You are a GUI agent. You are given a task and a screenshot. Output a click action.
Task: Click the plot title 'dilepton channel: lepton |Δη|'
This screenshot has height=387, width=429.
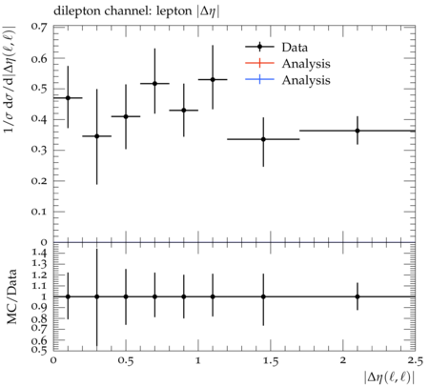136,11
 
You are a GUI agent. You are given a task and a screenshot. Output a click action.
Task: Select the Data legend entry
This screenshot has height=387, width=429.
276,47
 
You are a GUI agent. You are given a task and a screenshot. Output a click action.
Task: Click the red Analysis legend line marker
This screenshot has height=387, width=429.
259,63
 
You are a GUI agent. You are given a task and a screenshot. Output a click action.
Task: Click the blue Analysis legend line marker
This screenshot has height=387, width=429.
259,79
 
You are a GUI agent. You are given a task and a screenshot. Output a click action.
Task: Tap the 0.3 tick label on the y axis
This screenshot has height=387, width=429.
38,150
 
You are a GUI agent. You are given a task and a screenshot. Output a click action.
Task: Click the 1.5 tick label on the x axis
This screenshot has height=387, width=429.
270,361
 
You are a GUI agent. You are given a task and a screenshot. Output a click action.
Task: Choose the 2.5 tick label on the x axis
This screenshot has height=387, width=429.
415,361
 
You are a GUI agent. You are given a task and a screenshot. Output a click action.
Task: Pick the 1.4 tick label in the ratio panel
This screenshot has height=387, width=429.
39,253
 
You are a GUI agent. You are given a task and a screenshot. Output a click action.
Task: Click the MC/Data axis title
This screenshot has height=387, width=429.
11,296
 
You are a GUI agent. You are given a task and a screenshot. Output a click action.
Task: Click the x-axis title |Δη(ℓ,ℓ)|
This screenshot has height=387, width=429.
390,377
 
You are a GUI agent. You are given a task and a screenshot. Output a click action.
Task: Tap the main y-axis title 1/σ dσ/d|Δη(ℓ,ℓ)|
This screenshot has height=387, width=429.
10,79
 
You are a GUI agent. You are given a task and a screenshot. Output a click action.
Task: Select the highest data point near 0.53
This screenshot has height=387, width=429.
213,79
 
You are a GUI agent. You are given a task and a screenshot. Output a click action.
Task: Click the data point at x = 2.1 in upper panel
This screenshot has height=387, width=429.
357,131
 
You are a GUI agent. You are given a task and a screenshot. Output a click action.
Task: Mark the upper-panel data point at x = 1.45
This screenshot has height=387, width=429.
263,139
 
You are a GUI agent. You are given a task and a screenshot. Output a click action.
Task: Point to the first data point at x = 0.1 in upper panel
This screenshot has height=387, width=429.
68,98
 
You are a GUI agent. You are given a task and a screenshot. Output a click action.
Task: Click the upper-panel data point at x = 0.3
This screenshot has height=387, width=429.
97,136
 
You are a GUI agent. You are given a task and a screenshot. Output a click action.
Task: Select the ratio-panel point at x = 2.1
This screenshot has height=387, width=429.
357,296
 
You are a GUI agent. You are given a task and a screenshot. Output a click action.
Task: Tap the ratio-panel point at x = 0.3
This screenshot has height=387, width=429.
97,296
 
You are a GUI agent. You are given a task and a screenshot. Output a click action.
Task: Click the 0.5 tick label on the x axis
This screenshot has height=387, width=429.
126,361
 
